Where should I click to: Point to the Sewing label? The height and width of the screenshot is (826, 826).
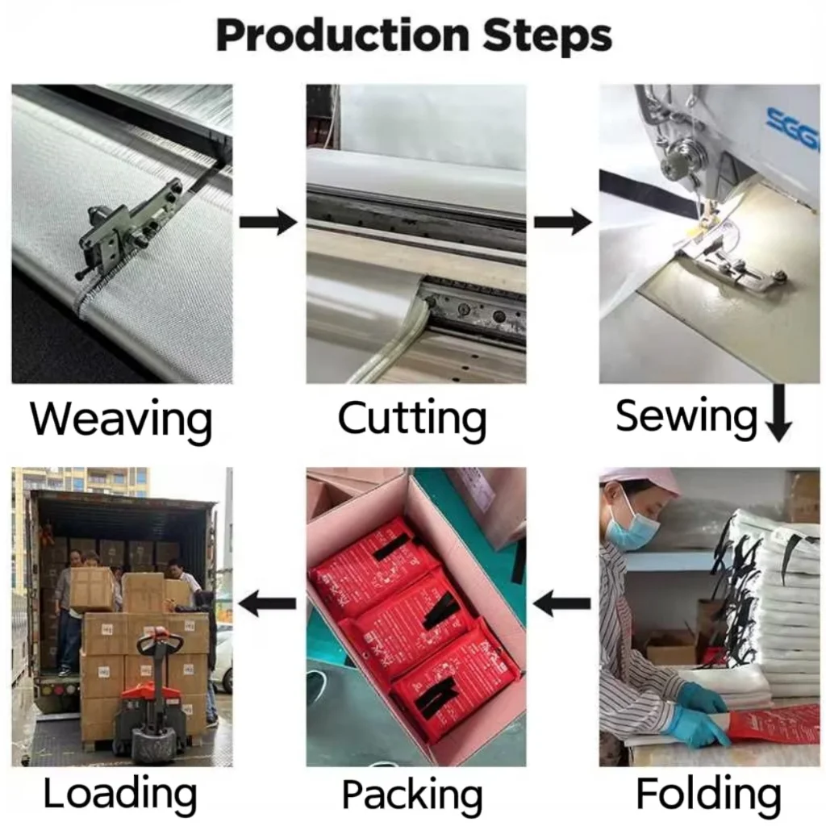tap(686, 417)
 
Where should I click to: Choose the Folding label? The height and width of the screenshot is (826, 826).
tap(708, 794)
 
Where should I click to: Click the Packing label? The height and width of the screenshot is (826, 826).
tap(412, 795)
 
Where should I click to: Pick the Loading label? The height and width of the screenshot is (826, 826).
tap(120, 794)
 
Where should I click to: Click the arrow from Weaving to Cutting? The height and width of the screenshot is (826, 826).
tap(269, 221)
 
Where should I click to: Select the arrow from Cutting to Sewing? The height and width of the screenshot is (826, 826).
tap(562, 221)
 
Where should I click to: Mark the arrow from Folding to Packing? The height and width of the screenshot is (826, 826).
tap(562, 602)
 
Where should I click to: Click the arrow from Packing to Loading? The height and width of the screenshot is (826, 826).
tap(269, 602)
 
